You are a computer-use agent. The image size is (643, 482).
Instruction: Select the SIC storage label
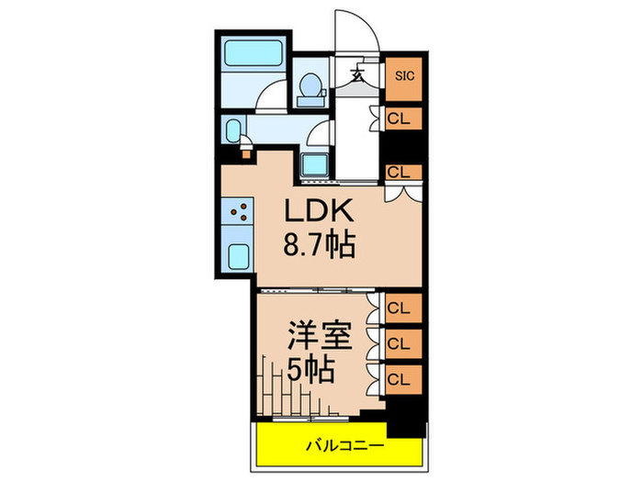tap(404, 76)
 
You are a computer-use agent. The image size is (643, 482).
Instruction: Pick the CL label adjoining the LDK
tap(400, 171)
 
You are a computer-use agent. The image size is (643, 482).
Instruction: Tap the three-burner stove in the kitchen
tap(240, 215)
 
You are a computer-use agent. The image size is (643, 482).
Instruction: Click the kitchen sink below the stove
tap(239, 257)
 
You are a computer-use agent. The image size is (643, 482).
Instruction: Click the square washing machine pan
tap(316, 165)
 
